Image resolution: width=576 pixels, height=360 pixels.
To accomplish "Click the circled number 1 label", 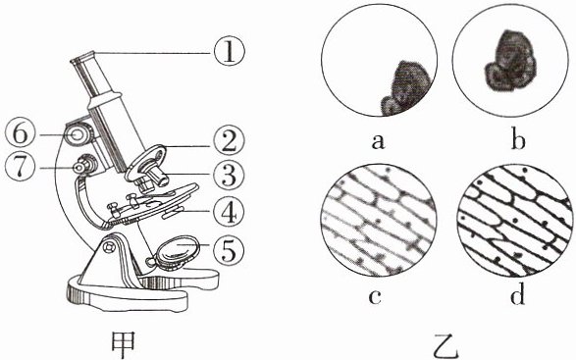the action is coord(229,51).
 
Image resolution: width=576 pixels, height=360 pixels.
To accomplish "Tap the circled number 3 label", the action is coord(230,175).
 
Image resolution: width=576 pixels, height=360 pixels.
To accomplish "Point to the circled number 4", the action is coord(230,213).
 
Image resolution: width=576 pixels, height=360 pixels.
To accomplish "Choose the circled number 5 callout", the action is coord(230,250).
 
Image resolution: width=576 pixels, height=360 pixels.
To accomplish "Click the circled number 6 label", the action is coord(21,134).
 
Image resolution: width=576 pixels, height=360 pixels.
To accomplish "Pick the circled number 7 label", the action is coord(21,168).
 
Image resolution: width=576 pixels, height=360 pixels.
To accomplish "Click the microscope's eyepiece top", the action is coord(83,57).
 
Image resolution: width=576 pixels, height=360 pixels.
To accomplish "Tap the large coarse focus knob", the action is coord(79,134).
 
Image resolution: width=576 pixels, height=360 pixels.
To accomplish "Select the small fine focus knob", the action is coord(85,164).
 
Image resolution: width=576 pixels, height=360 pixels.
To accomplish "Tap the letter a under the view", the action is coord(378,141).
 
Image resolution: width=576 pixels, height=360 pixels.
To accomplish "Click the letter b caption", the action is coord(518,138).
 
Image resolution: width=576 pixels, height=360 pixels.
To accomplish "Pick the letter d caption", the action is coord(517,293).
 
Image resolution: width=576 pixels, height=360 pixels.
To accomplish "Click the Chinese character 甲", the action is coord(123,345).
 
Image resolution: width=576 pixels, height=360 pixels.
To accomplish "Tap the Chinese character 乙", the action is coord(445,347).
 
